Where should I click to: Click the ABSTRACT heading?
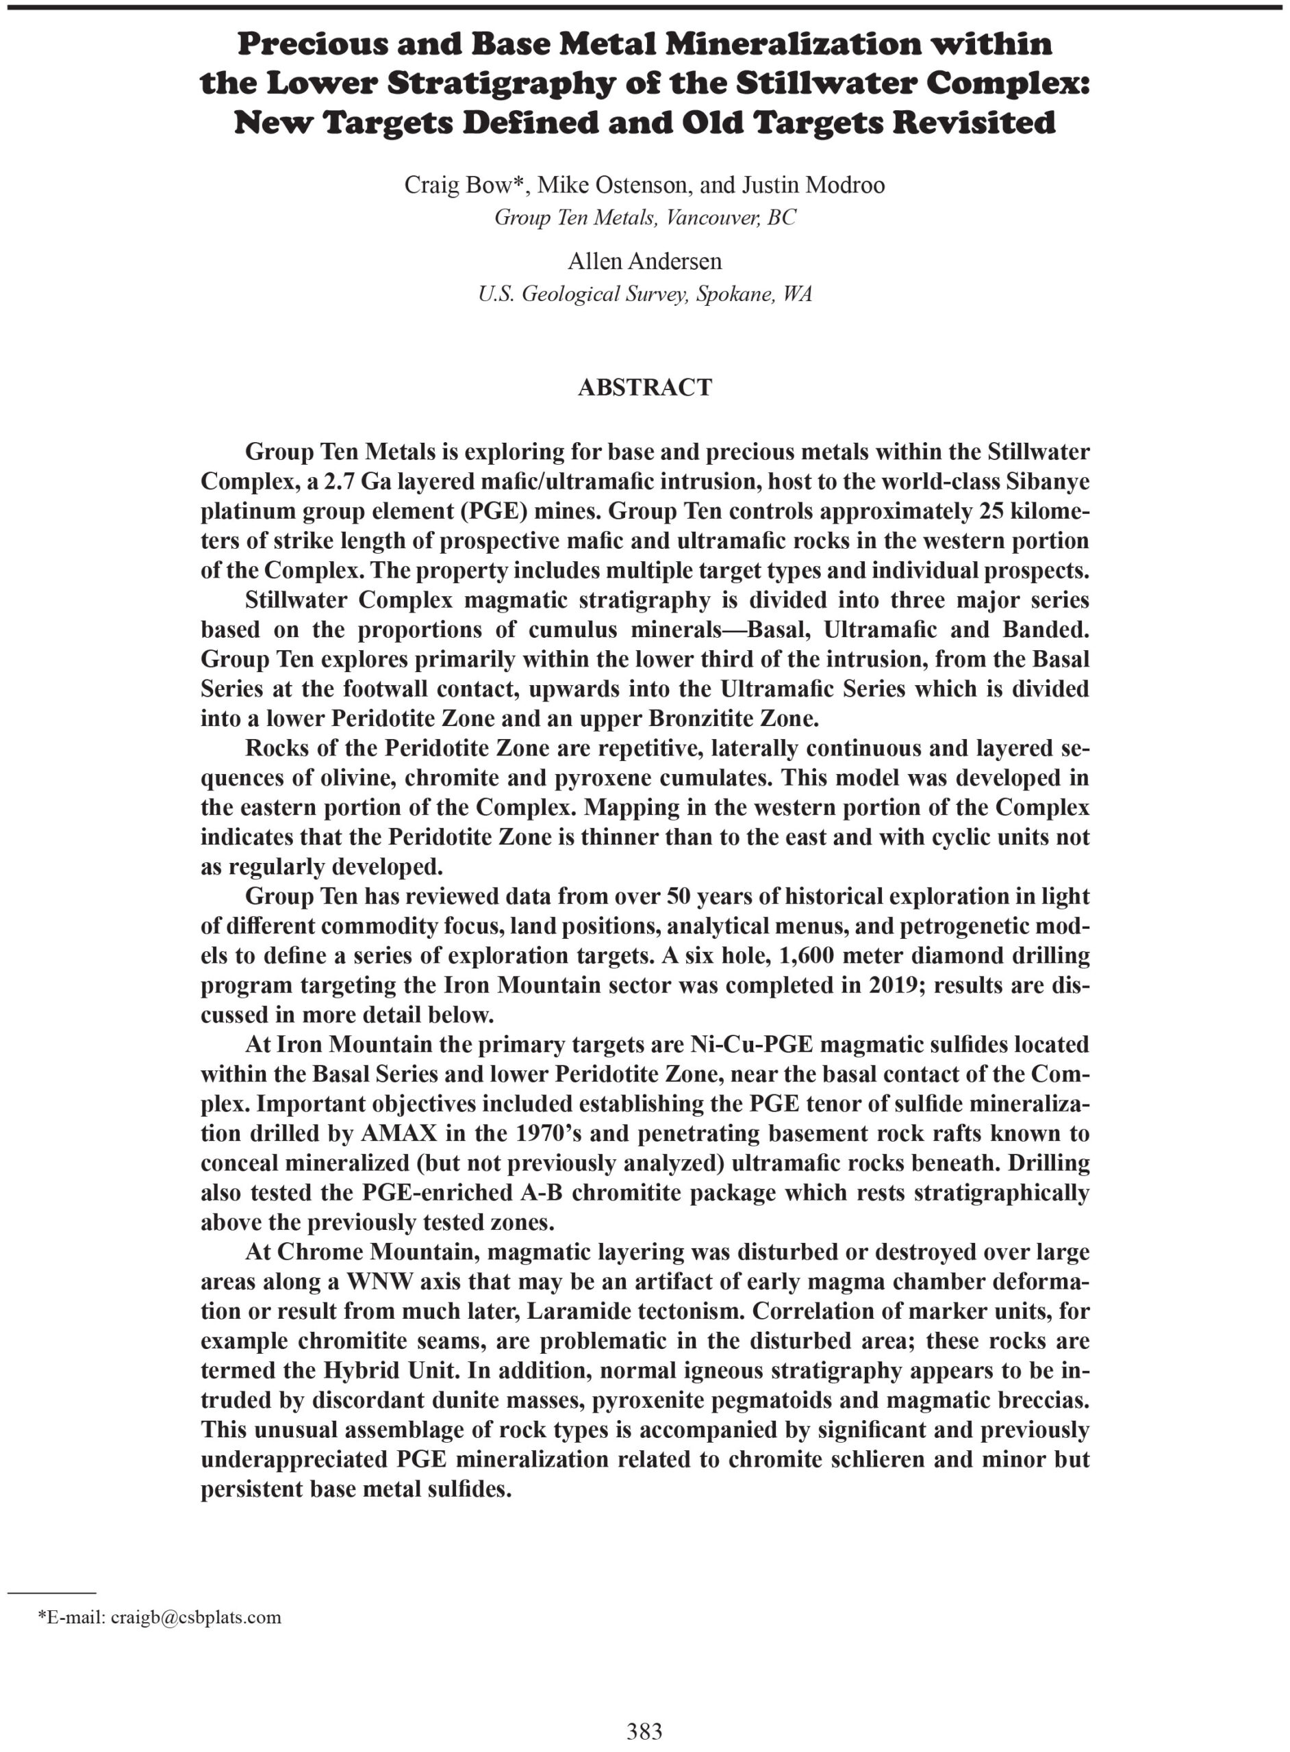tap(644, 387)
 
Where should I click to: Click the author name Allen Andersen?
tap(644, 261)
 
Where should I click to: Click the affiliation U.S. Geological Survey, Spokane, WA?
tap(644, 294)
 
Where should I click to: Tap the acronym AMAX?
tap(397, 1133)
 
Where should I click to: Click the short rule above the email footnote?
tap(51, 1591)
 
